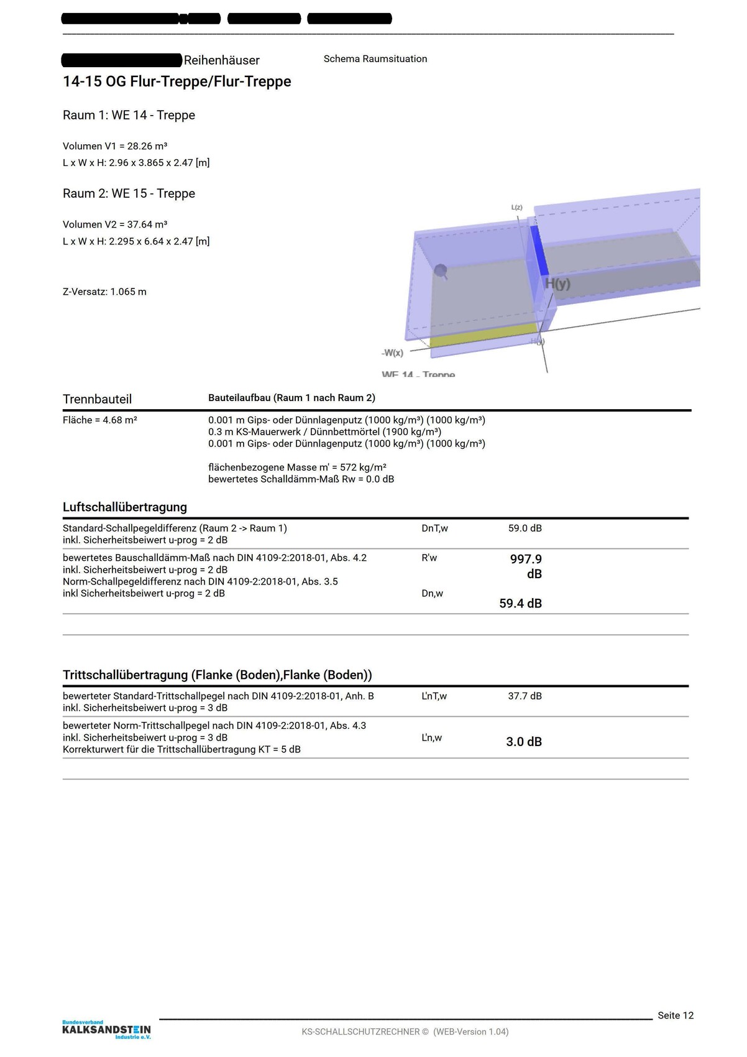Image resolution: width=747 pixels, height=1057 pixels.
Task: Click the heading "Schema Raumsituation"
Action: (x=375, y=59)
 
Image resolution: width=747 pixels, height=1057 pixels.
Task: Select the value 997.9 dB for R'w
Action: (x=526, y=566)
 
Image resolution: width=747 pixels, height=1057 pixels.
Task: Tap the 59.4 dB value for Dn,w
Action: (x=520, y=603)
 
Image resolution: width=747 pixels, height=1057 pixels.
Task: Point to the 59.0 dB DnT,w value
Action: (x=525, y=528)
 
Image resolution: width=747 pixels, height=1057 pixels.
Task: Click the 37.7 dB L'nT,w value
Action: (x=525, y=696)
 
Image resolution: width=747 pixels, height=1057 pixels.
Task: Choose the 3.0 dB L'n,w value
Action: (x=524, y=742)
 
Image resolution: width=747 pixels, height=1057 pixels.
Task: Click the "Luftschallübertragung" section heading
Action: (x=125, y=507)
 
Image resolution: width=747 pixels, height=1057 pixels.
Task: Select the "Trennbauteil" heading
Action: (x=97, y=399)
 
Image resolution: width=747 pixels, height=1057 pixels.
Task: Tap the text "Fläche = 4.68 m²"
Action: (x=100, y=420)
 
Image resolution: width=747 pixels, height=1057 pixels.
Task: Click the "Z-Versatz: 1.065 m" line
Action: (x=104, y=292)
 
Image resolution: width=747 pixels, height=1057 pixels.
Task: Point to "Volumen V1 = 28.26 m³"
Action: (x=115, y=146)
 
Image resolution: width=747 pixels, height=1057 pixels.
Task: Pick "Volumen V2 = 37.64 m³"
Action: (x=115, y=224)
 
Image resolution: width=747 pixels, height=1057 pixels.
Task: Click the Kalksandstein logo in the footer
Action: (x=106, y=1030)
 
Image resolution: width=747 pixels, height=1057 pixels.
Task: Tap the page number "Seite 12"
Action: (x=676, y=1015)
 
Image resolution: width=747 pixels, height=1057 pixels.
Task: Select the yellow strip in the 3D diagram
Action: (x=485, y=335)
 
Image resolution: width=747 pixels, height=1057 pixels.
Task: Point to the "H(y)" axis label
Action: (x=557, y=284)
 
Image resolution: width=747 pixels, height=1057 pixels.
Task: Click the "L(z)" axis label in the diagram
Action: (x=516, y=208)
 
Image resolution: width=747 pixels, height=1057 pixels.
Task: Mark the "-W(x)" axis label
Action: (x=392, y=353)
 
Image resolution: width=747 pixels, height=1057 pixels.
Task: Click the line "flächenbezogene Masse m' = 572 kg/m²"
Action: (x=297, y=468)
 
